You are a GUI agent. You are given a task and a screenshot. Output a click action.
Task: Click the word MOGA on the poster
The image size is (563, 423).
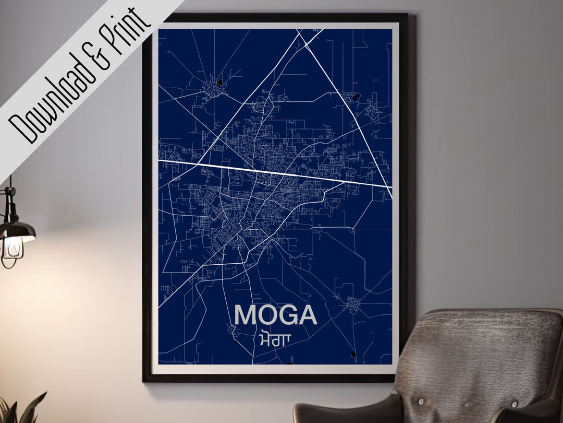click(276, 315)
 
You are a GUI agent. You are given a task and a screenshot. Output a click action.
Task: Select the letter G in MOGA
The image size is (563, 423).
click(287, 315)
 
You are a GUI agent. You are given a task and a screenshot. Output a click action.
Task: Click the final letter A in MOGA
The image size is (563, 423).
click(308, 315)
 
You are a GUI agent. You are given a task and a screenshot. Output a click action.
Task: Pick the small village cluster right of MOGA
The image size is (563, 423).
click(353, 303)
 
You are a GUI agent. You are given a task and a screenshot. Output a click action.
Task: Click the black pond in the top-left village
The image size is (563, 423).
click(220, 83)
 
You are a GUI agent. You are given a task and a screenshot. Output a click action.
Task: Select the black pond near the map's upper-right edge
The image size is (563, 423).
click(356, 97)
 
